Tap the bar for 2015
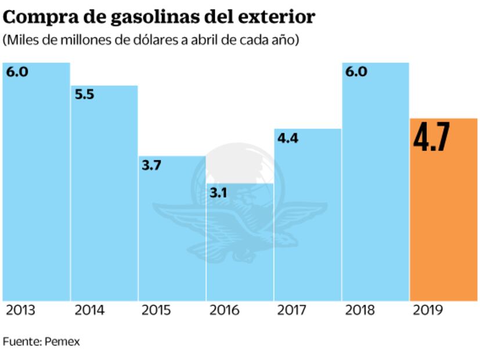click(x=172, y=232)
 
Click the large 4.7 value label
click(x=431, y=138)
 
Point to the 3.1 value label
click(x=218, y=193)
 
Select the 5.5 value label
click(x=85, y=95)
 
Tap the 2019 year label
click(x=428, y=311)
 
